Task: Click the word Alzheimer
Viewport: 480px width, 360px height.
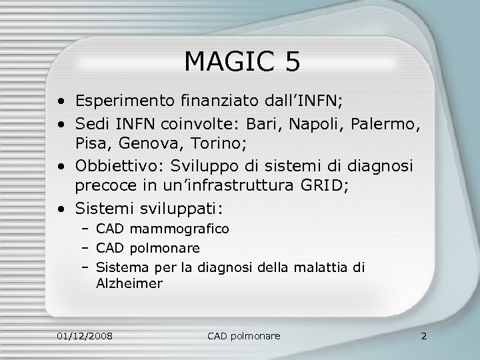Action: [x=129, y=283]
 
